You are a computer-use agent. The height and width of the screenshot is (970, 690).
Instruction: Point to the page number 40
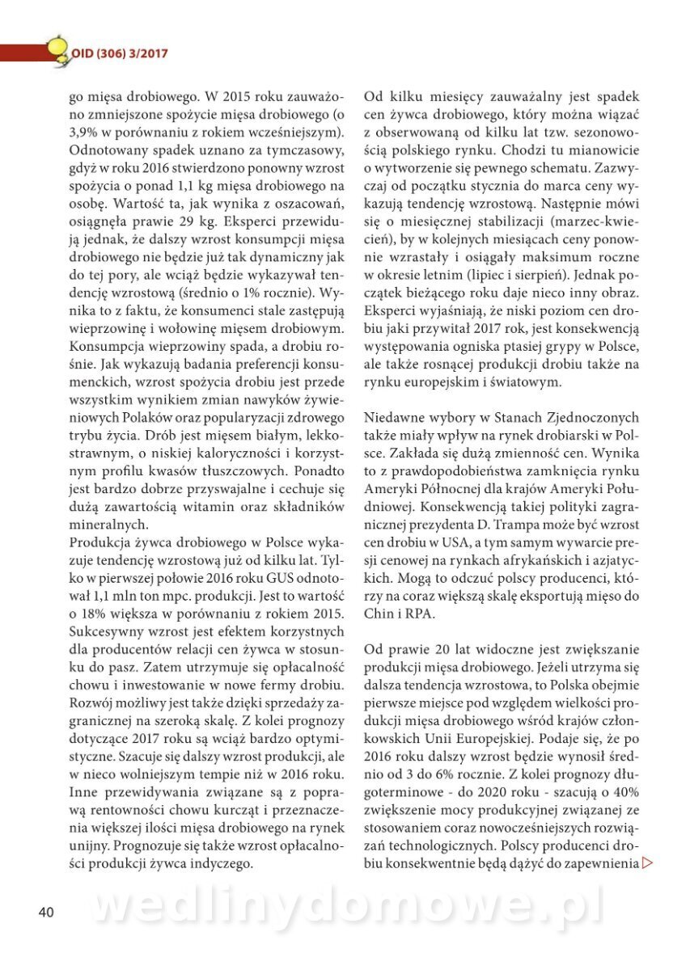click(46, 913)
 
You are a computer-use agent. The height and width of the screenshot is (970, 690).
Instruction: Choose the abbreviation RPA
click(422, 613)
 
